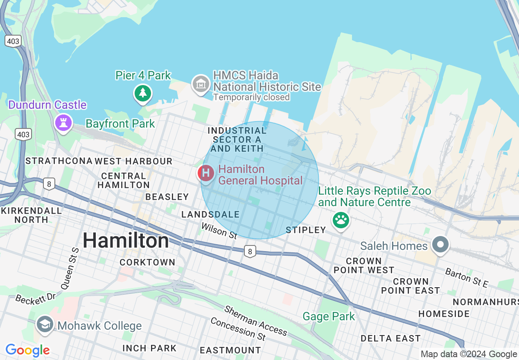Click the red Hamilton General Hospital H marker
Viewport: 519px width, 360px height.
click(206, 173)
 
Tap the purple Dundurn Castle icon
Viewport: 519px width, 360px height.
click(63, 122)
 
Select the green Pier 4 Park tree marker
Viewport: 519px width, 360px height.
click(142, 93)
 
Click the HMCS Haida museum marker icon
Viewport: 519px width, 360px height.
click(201, 84)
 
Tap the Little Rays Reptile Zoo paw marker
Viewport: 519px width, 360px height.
click(341, 220)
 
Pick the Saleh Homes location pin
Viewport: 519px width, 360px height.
click(440, 245)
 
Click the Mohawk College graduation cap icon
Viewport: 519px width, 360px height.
click(44, 324)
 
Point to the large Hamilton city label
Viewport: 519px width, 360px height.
click(126, 241)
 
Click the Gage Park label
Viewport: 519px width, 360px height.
click(329, 316)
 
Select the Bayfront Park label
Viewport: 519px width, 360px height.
click(120, 124)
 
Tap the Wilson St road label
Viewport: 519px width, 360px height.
click(219, 231)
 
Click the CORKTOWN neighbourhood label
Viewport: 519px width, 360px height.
click(147, 262)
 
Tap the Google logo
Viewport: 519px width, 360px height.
click(27, 350)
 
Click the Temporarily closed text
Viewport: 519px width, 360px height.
click(251, 97)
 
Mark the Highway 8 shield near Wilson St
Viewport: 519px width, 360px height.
click(250, 251)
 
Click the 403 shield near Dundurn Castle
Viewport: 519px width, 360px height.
click(23, 134)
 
